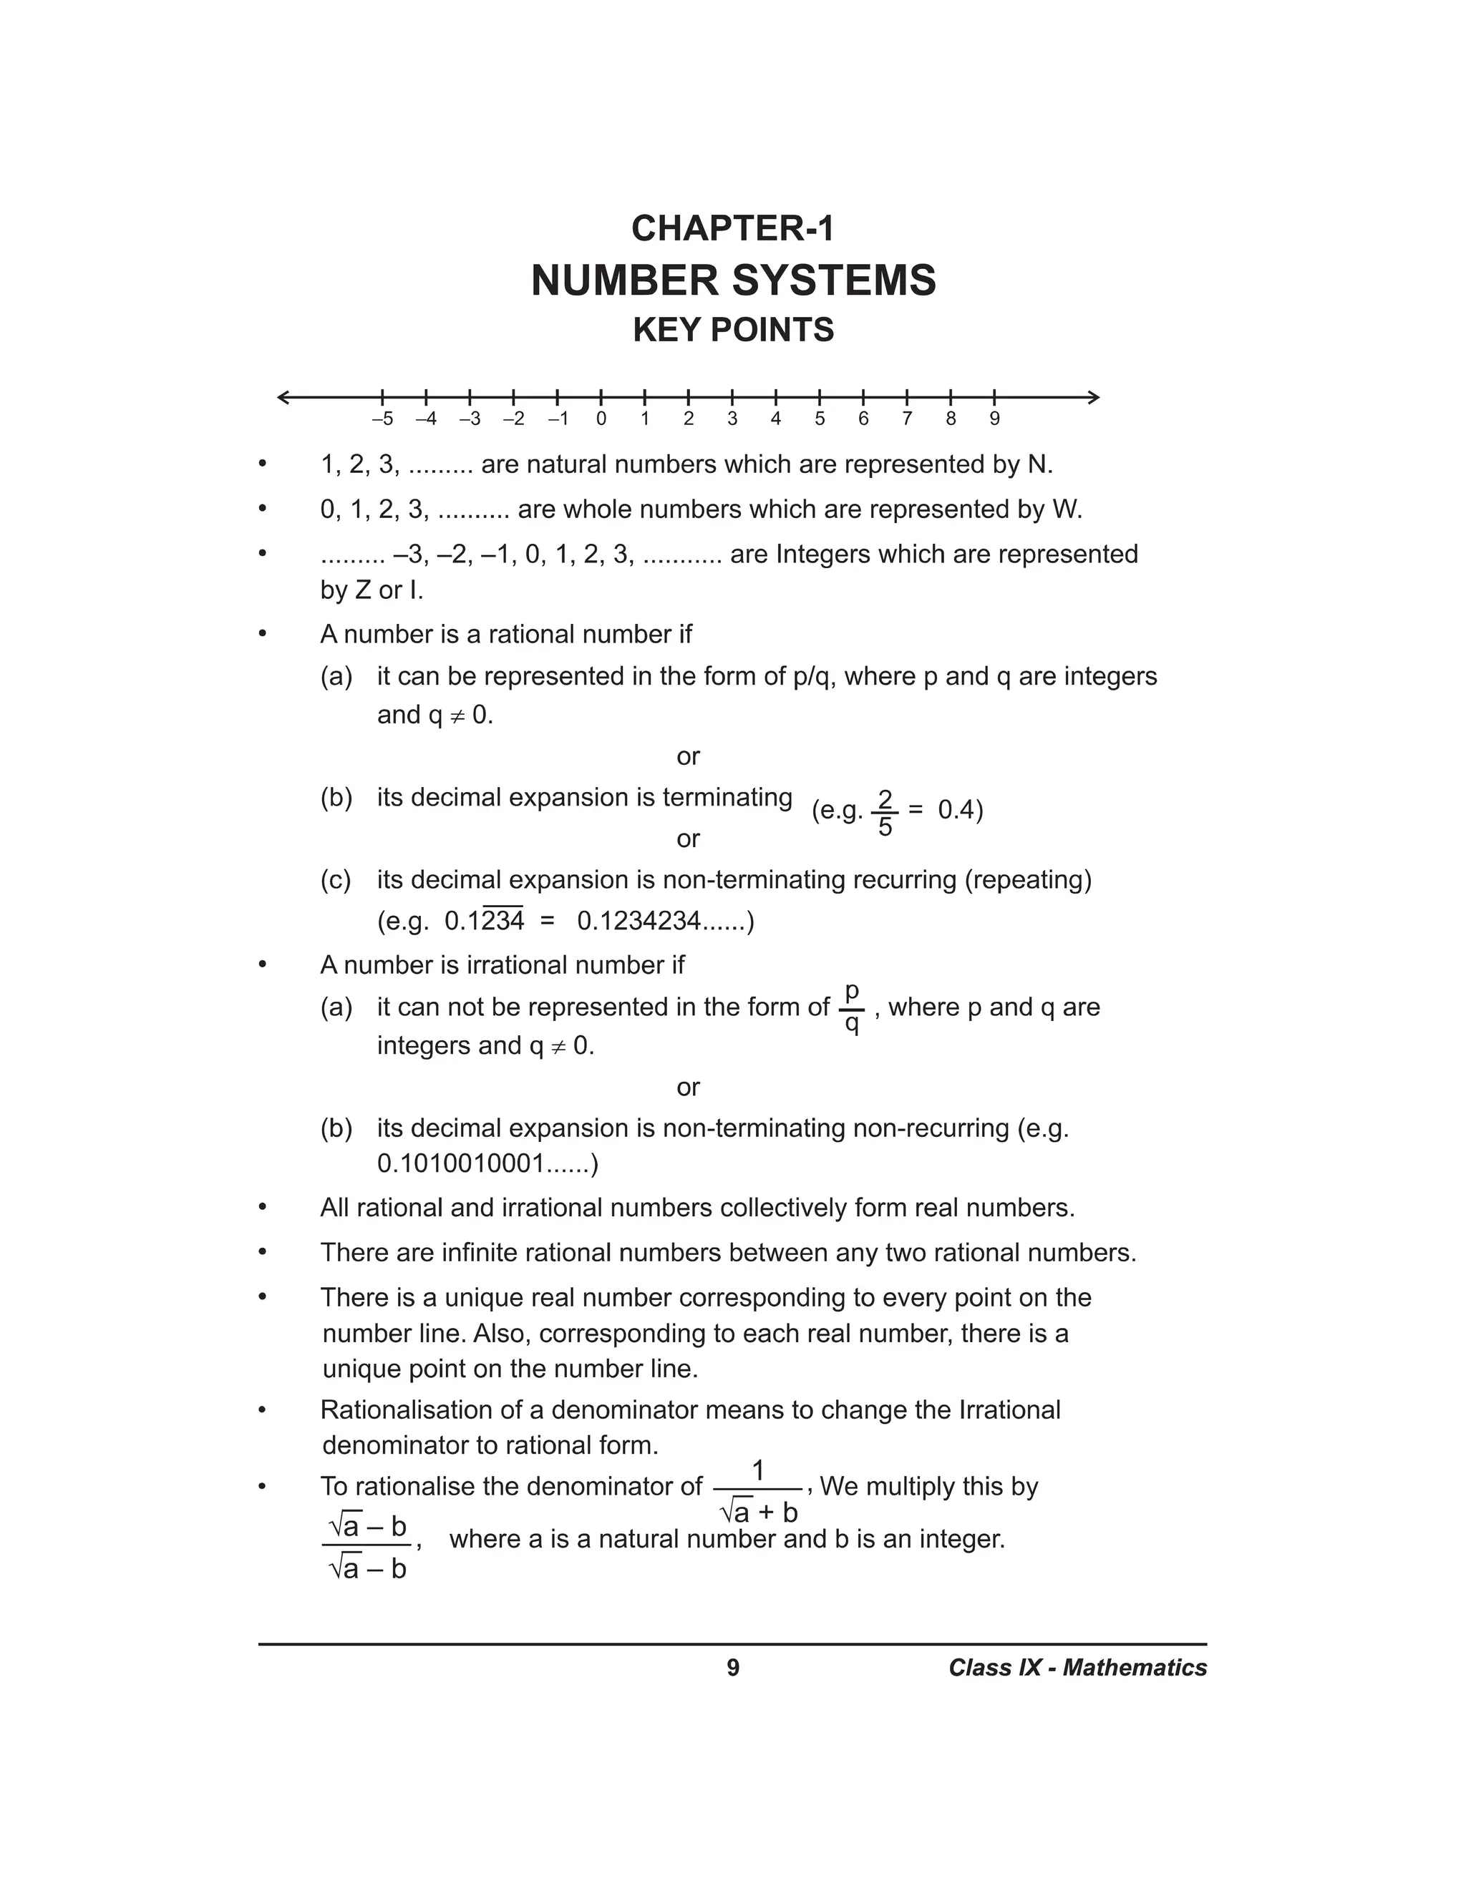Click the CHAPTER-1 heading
pos(732,228)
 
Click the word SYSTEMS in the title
pos(835,280)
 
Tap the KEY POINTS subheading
pos(733,330)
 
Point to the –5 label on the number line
pos(382,419)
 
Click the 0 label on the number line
pos(601,419)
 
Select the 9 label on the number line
pos(994,419)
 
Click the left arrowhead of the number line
pos(283,398)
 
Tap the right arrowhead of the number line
pos(1094,398)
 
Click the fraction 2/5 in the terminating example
pos(884,813)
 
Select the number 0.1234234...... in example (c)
pos(664,921)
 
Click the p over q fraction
pos(852,1007)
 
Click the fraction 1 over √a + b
pos(758,1490)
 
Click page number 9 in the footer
pos(733,1668)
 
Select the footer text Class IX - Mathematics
pos(1077,1668)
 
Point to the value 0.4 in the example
pos(956,810)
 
